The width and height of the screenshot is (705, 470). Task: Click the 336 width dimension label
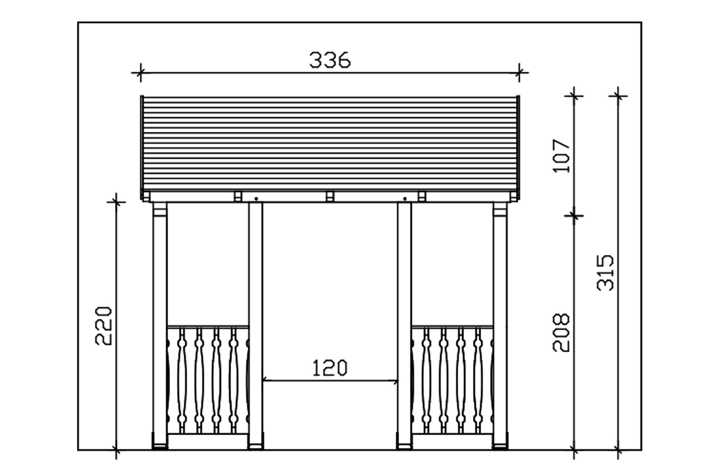pos(330,60)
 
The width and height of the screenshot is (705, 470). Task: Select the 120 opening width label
pos(330,368)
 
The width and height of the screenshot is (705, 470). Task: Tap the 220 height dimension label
pos(104,325)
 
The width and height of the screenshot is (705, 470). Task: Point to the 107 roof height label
pos(561,156)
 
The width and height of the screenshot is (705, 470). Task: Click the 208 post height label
pos(561,332)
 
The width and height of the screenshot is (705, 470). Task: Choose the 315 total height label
pos(605,272)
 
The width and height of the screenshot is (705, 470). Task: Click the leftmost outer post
pos(160,326)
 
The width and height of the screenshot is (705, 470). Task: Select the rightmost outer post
pos(500,326)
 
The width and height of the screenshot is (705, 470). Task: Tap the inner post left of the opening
pos(255,326)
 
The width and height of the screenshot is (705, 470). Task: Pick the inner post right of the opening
pos(404,326)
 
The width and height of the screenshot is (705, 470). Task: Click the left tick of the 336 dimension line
pos(140,73)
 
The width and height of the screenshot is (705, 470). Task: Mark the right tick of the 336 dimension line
pos(519,73)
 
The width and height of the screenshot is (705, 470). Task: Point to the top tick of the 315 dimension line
pos(618,95)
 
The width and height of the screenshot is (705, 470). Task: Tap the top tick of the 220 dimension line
pos(116,202)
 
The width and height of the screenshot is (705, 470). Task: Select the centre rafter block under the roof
pos(330,196)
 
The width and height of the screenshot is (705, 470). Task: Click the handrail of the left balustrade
pos(208,326)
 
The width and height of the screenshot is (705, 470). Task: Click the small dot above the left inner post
pos(256,199)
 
